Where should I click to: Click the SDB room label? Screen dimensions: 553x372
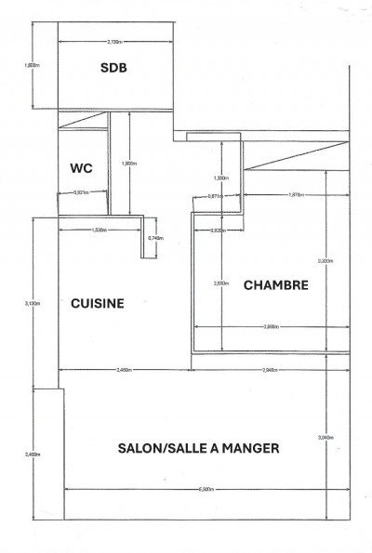(x=114, y=68)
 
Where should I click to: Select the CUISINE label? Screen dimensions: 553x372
(x=98, y=303)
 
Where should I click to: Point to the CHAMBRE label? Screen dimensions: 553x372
(x=275, y=286)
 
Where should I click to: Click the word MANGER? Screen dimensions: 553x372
(x=253, y=447)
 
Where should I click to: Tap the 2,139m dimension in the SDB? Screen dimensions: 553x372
(x=115, y=42)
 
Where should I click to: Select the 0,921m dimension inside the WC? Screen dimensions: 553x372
(x=81, y=193)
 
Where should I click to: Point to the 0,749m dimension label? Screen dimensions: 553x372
(x=156, y=239)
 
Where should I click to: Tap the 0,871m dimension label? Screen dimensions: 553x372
(x=215, y=196)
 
